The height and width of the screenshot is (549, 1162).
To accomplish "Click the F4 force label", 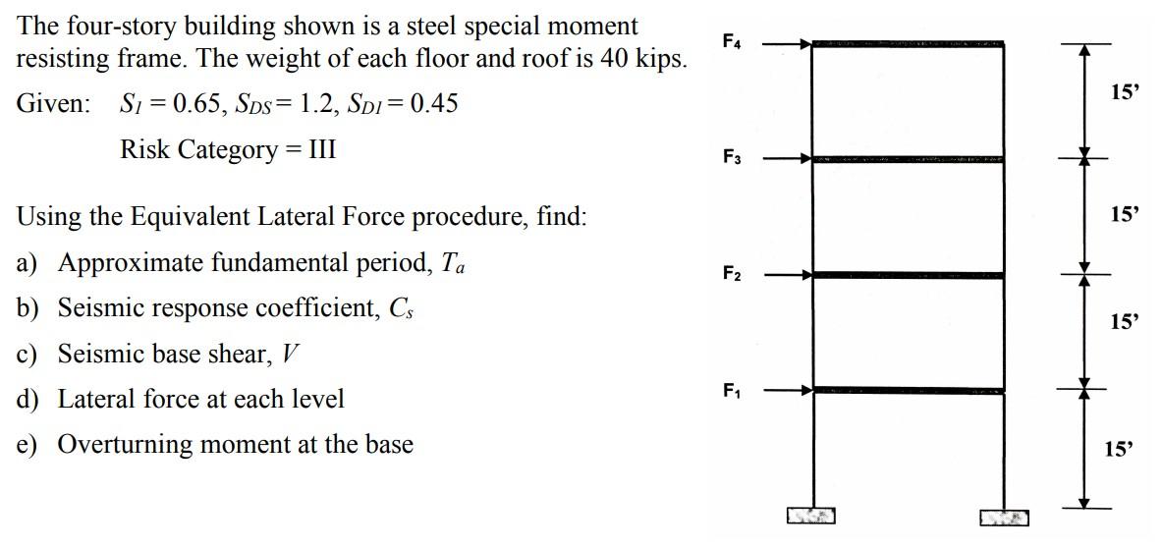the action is pos(733,41).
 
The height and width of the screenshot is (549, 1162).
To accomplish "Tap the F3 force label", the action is pos(733,156).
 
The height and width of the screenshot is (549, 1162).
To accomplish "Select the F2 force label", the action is pos(733,273).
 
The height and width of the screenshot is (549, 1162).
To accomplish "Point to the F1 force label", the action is pos(733,389).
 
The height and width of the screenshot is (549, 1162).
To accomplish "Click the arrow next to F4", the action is pos(786,44).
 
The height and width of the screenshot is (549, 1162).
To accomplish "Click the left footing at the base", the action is pos(810,516).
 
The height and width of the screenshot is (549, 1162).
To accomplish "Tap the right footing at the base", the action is pos(1004,517).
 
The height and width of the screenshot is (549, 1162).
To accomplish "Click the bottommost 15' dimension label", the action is pos(1118,450).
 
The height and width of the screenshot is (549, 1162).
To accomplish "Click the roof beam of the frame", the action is pos(908,44).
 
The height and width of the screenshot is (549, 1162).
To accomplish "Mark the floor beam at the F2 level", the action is pos(908,276).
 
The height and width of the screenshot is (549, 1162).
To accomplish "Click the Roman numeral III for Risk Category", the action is pos(321,150).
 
